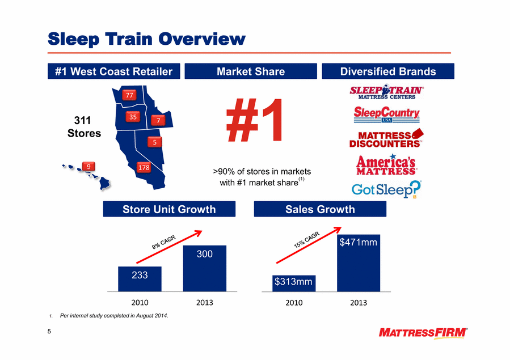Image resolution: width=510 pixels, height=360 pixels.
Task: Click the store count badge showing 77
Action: [129, 95]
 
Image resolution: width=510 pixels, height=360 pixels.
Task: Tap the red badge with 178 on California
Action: [144, 167]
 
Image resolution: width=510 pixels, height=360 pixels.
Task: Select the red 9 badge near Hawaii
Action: [88, 166]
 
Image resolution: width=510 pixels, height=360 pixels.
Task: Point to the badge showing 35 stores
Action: [133, 117]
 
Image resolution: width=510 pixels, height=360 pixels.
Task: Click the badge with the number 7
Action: [158, 121]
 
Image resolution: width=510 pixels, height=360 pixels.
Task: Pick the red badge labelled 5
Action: [155, 142]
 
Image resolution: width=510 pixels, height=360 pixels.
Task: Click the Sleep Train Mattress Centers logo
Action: [387, 92]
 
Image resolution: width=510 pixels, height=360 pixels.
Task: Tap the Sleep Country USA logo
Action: [387, 115]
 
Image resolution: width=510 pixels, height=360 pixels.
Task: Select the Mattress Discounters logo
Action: [386, 139]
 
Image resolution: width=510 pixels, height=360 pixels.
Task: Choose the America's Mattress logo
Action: [386, 165]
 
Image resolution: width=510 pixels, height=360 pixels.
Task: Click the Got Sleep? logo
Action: [386, 189]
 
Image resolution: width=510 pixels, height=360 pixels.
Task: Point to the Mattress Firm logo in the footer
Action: [423, 333]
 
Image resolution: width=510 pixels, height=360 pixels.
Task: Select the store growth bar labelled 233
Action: [140, 279]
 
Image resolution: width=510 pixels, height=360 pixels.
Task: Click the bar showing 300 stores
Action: [205, 268]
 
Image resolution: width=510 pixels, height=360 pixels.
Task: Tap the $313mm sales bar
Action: [294, 283]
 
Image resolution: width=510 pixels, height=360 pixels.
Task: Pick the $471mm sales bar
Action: [359, 263]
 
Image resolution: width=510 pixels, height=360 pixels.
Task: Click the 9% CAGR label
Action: [163, 242]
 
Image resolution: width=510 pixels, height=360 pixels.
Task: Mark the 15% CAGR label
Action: [307, 240]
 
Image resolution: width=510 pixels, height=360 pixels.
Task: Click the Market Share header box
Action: [251, 71]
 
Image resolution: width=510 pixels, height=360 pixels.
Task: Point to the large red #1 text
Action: [254, 120]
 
